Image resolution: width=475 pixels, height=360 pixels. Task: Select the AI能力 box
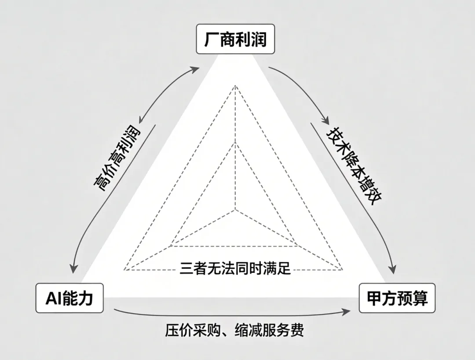tap(69, 298)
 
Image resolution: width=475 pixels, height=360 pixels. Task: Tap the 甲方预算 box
tap(397, 298)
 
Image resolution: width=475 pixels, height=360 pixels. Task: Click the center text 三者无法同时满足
tap(235, 268)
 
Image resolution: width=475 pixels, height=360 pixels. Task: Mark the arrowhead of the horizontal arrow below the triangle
tap(347, 311)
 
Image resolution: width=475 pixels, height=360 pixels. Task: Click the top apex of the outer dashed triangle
tap(235, 86)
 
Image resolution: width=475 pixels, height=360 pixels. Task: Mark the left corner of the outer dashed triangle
tap(124, 269)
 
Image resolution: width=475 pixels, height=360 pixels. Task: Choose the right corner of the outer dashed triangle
tap(343, 269)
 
